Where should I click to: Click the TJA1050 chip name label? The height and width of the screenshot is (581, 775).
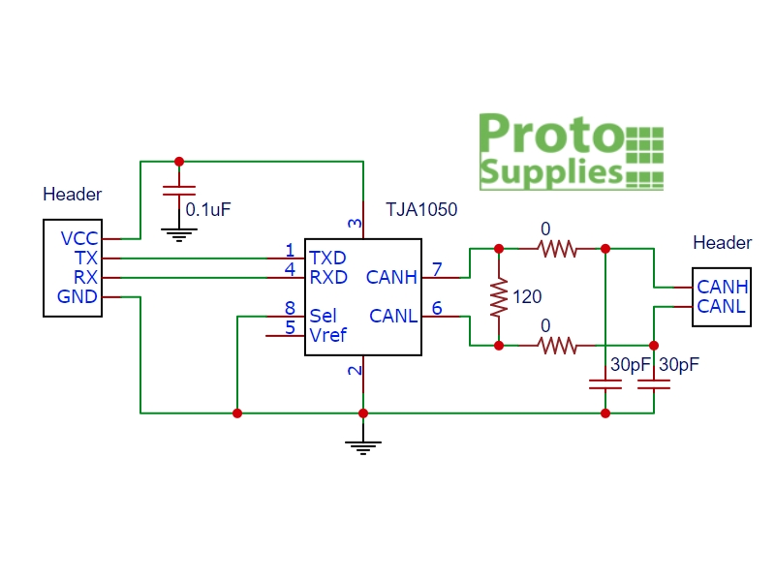[421, 209]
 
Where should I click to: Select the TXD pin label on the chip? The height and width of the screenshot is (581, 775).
[327, 259]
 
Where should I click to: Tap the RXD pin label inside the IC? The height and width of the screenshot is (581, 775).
[327, 278]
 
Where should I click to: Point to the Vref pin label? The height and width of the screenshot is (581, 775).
[327, 335]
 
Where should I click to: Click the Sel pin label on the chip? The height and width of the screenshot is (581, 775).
[323, 316]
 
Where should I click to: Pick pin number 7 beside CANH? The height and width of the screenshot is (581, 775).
[437, 268]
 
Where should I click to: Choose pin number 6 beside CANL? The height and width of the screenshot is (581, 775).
[437, 308]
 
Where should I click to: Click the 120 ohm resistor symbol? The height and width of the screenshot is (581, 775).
[499, 298]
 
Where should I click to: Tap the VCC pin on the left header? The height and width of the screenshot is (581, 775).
[79, 239]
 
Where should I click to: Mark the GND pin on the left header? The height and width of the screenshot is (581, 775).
[78, 296]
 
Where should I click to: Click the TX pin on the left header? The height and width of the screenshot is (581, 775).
[86, 259]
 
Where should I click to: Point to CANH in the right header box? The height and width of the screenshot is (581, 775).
[722, 287]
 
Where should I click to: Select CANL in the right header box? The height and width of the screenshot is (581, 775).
[722, 306]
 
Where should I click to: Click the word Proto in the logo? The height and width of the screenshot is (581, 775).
[550, 135]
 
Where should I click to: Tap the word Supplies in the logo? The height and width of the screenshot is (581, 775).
[550, 171]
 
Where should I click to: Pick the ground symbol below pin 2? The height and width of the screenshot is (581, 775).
[363, 446]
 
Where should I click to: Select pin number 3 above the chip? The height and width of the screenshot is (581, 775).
[356, 225]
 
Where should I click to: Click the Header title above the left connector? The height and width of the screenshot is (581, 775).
[72, 195]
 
